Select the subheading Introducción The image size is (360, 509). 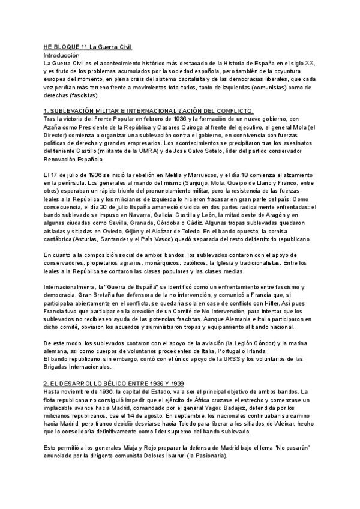(x=61, y=55)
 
